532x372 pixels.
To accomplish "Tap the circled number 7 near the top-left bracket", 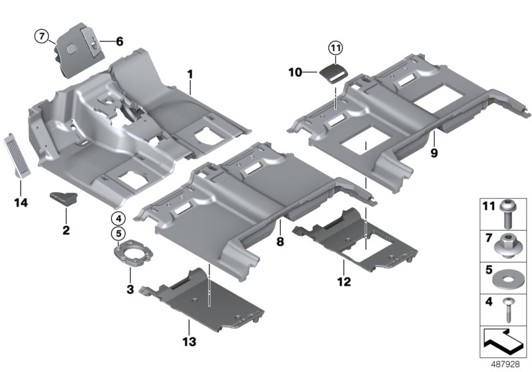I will [42, 37].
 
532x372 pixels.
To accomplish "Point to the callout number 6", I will [120, 41].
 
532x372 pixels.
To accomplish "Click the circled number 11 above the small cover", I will [335, 48].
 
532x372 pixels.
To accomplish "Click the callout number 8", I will [280, 242].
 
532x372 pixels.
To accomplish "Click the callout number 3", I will [131, 290].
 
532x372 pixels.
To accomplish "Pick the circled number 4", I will [118, 217].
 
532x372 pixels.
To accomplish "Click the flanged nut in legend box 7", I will [507, 244].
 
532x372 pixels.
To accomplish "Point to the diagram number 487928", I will [504, 364].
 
